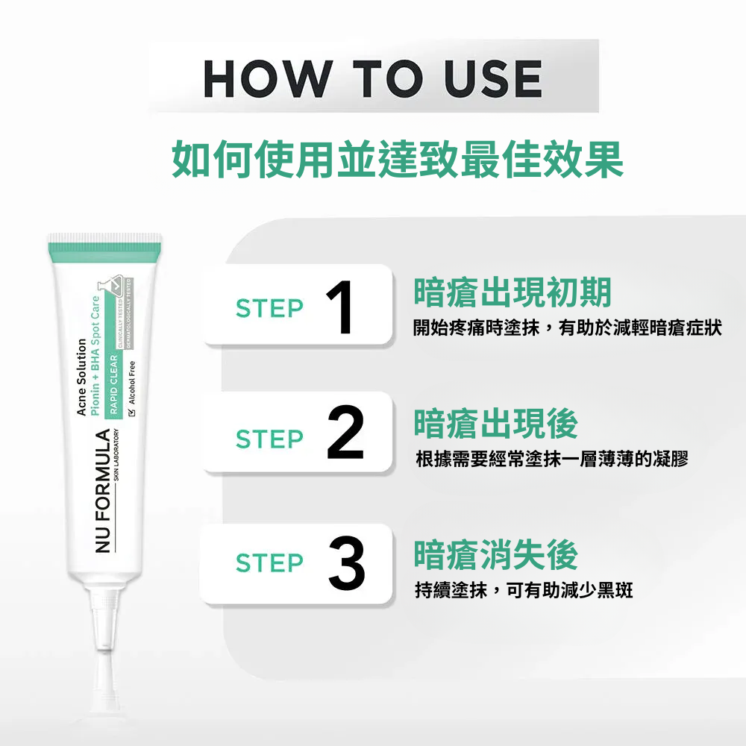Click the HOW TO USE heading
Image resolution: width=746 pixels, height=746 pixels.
pos(372,78)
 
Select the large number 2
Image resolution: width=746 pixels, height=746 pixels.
pos(345,433)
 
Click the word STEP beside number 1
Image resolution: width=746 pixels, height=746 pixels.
pos(269,308)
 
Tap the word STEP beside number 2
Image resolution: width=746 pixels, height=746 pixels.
pos(269,439)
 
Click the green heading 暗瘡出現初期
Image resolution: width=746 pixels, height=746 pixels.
pos(513,292)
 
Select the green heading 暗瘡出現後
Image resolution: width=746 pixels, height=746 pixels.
pos(496,424)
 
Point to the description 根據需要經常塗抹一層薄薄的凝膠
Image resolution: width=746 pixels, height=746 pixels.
pos(551,459)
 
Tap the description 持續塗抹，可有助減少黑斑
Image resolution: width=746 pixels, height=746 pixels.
pos(524,591)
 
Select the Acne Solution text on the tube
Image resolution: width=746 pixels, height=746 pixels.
pos(82,377)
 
